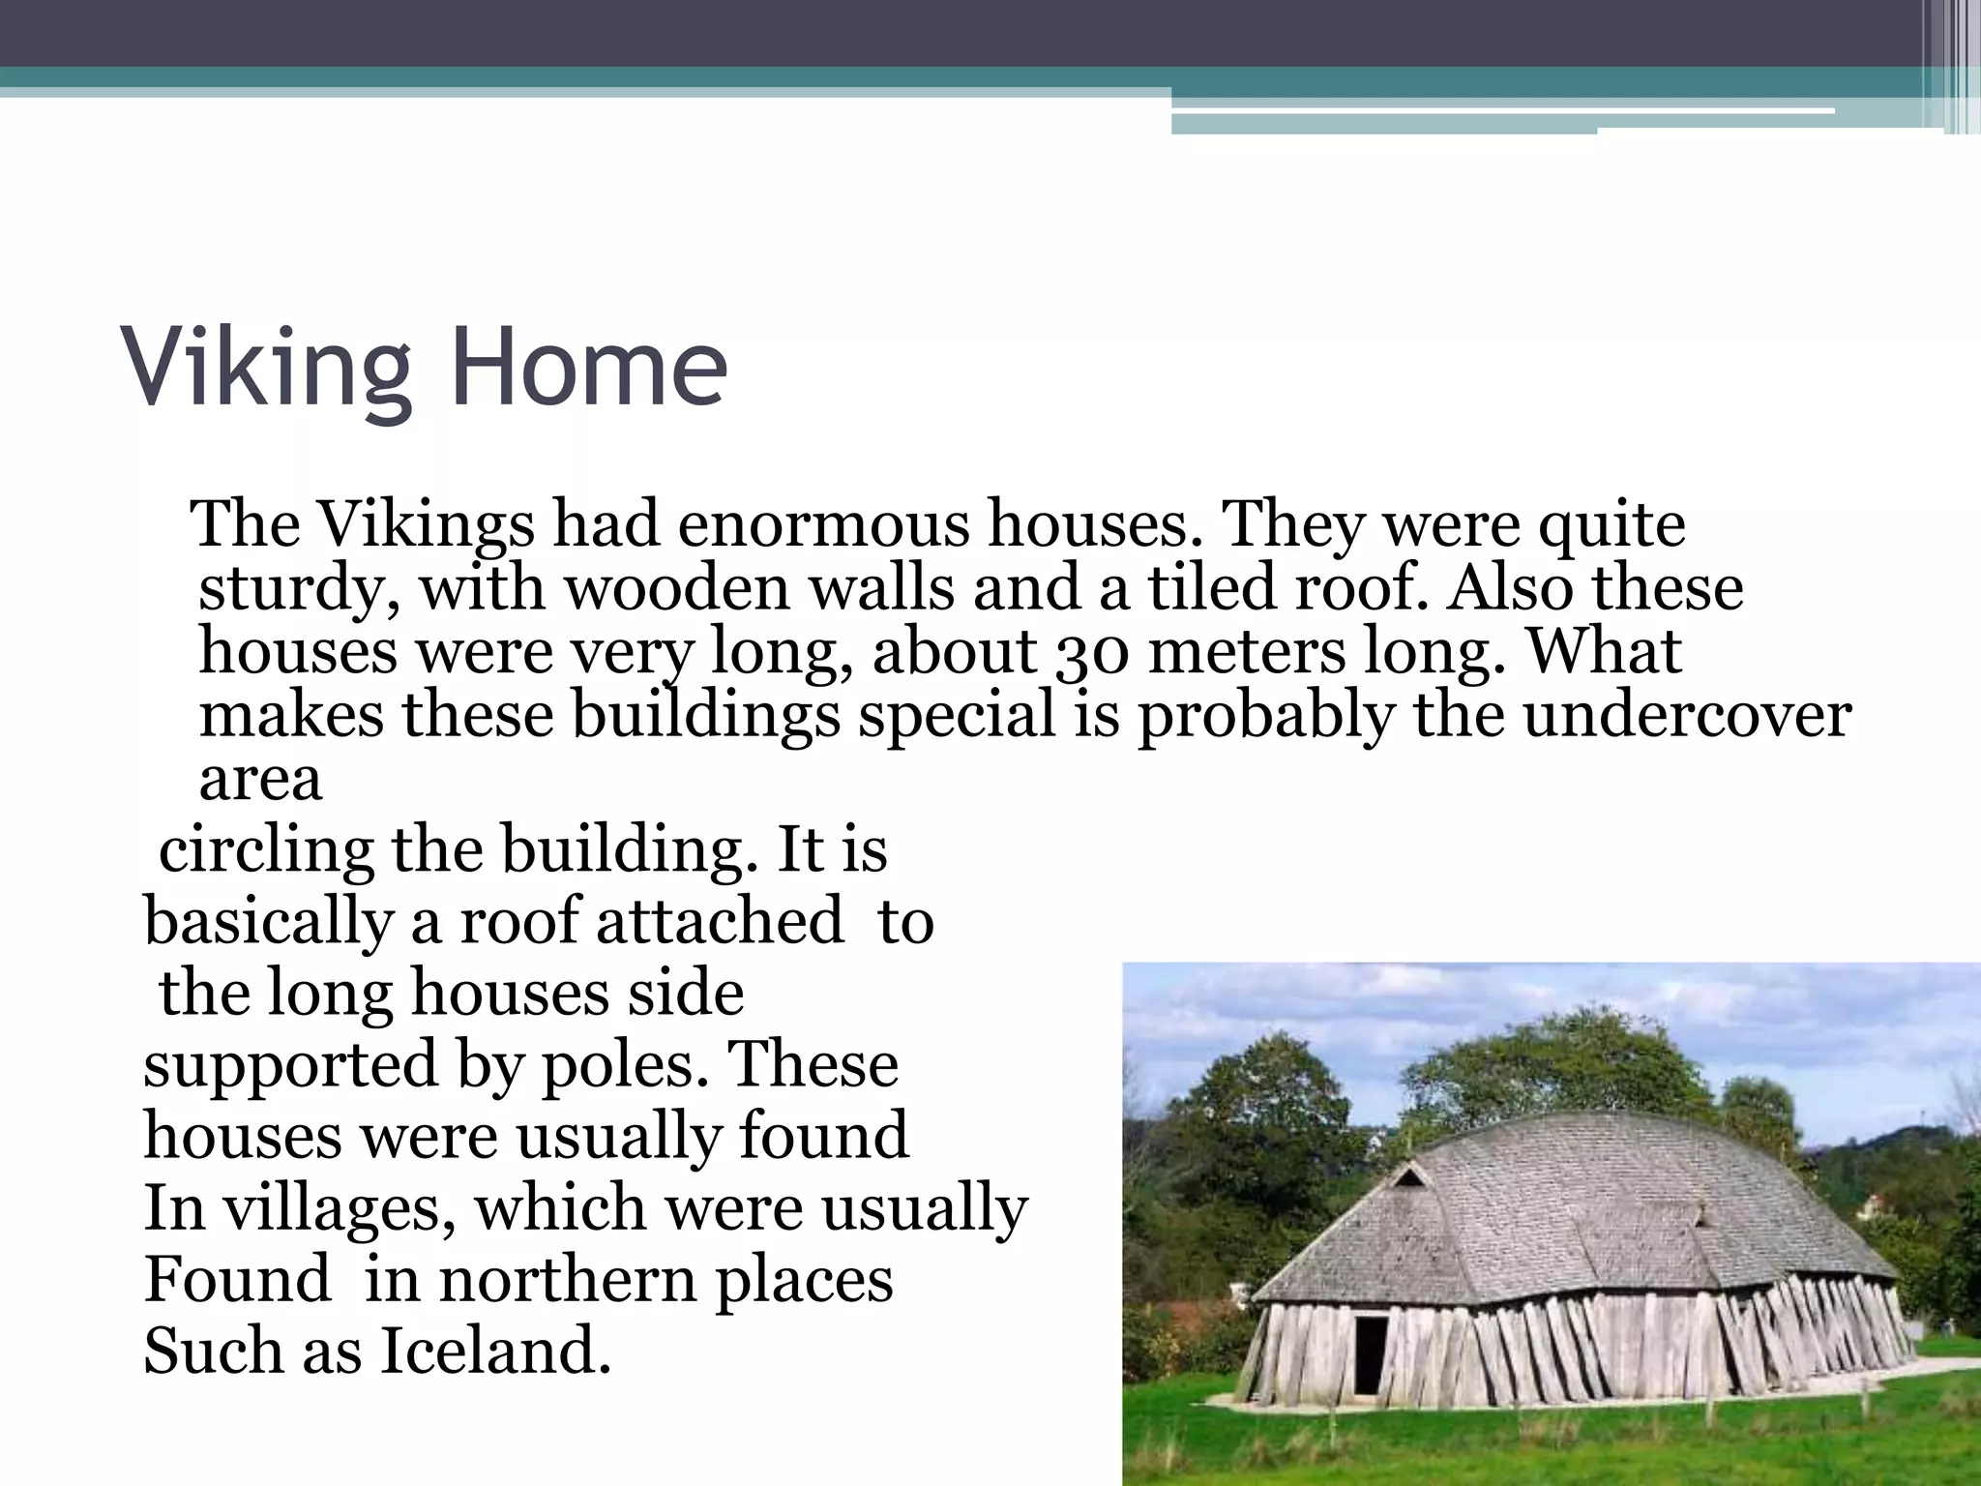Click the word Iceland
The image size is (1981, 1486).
pyautogui.click(x=494, y=1351)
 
